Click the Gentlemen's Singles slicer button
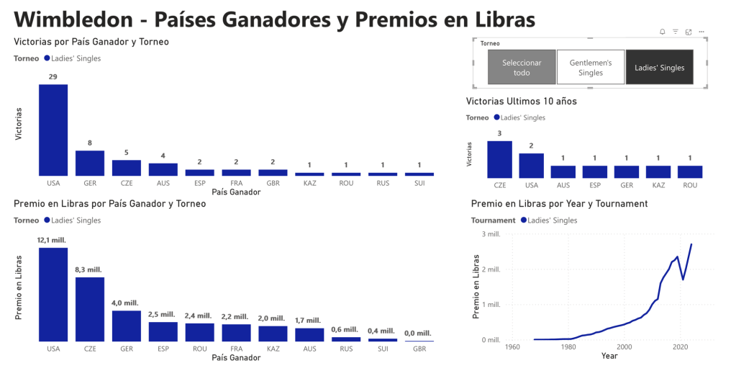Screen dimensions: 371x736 pos(591,68)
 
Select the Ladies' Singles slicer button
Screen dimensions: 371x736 pos(659,68)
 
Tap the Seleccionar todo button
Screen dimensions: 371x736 pos(522,68)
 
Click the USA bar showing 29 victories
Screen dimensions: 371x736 pos(53,130)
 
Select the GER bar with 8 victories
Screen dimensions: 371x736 pos(90,163)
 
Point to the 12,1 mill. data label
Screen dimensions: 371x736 pos(53,240)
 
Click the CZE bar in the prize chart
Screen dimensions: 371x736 pos(90,308)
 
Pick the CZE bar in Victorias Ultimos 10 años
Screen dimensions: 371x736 pos(499,159)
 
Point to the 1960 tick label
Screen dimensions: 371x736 pos(512,347)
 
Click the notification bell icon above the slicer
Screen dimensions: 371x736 pos(662,32)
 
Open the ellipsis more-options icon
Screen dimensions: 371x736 pos(701,32)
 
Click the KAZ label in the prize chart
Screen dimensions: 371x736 pos(273,348)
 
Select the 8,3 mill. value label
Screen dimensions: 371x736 pos(90,269)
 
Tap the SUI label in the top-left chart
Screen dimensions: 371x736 pos(419,184)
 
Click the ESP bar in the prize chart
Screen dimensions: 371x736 pos(163,331)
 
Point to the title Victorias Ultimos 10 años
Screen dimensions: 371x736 pos(521,102)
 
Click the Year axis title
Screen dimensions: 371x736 pos(609,356)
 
